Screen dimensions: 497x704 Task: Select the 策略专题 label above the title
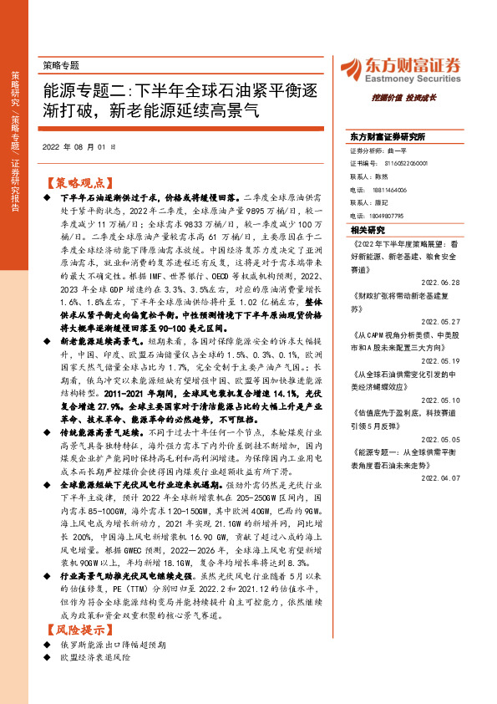pos(61,64)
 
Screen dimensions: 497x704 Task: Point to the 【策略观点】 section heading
pos(77,181)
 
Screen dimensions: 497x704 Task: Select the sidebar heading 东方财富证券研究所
pos(388,135)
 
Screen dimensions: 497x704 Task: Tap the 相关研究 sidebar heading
pos(368,229)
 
